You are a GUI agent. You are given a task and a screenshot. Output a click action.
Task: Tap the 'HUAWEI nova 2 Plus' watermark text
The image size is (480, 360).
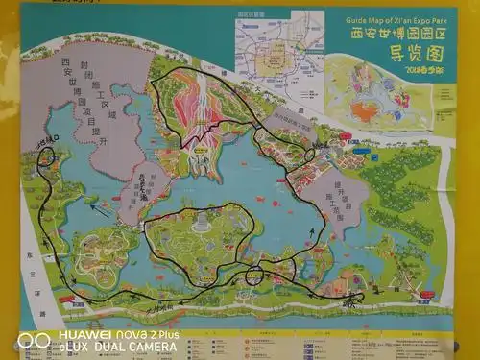(119, 334)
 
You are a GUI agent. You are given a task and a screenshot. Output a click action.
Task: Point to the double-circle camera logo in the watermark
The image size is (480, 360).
(34, 340)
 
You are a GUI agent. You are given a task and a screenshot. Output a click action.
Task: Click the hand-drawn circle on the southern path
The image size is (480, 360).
(254, 276)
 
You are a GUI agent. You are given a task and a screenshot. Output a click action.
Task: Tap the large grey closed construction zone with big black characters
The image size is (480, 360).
(86, 91)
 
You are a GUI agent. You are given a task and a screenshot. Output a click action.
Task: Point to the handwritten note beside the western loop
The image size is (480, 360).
(48, 141)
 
